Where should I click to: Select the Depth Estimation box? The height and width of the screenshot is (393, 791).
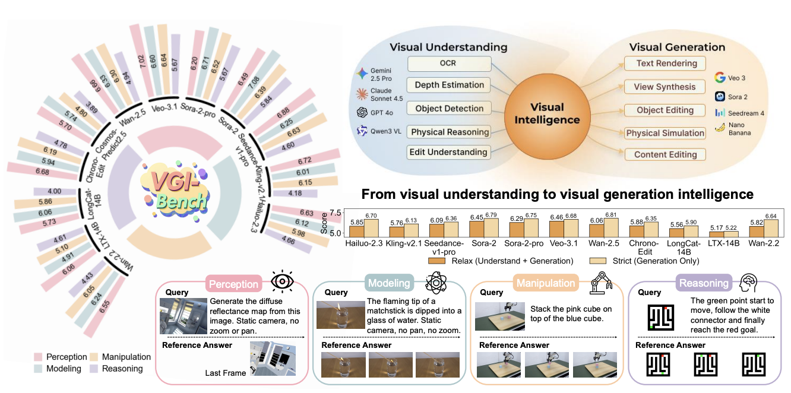449,84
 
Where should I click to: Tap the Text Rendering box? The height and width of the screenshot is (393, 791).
665,64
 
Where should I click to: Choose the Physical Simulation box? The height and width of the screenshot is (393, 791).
665,133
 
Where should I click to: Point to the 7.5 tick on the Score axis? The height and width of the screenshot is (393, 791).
336,213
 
